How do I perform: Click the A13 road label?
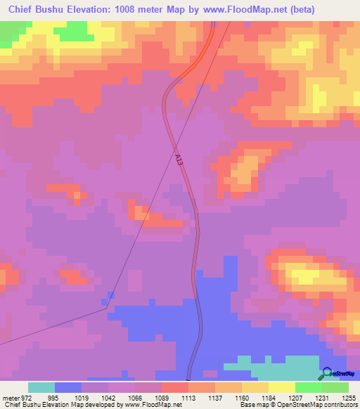click(181, 161)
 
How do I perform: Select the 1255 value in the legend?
click(349, 397)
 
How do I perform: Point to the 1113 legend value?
click(188, 397)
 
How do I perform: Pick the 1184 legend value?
click(269, 397)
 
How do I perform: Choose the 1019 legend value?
click(82, 397)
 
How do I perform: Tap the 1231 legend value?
click(322, 397)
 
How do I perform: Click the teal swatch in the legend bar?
click(41, 387)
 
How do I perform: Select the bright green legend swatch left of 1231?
click(309, 387)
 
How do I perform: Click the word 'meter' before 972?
click(10, 397)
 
